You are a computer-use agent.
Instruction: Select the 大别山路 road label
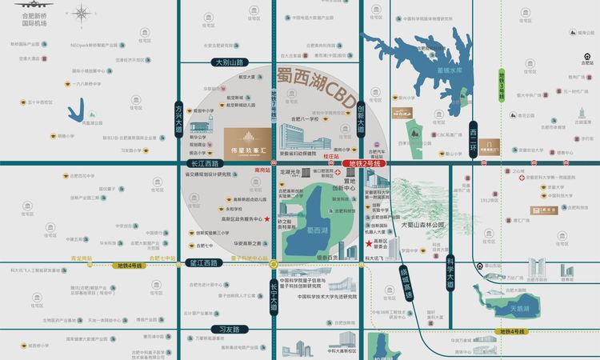[x=229, y=62]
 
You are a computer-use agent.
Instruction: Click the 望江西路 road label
[x=202, y=262]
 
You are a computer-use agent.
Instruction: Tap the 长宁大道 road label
[x=274, y=290]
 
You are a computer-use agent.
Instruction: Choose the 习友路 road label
[x=230, y=328]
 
